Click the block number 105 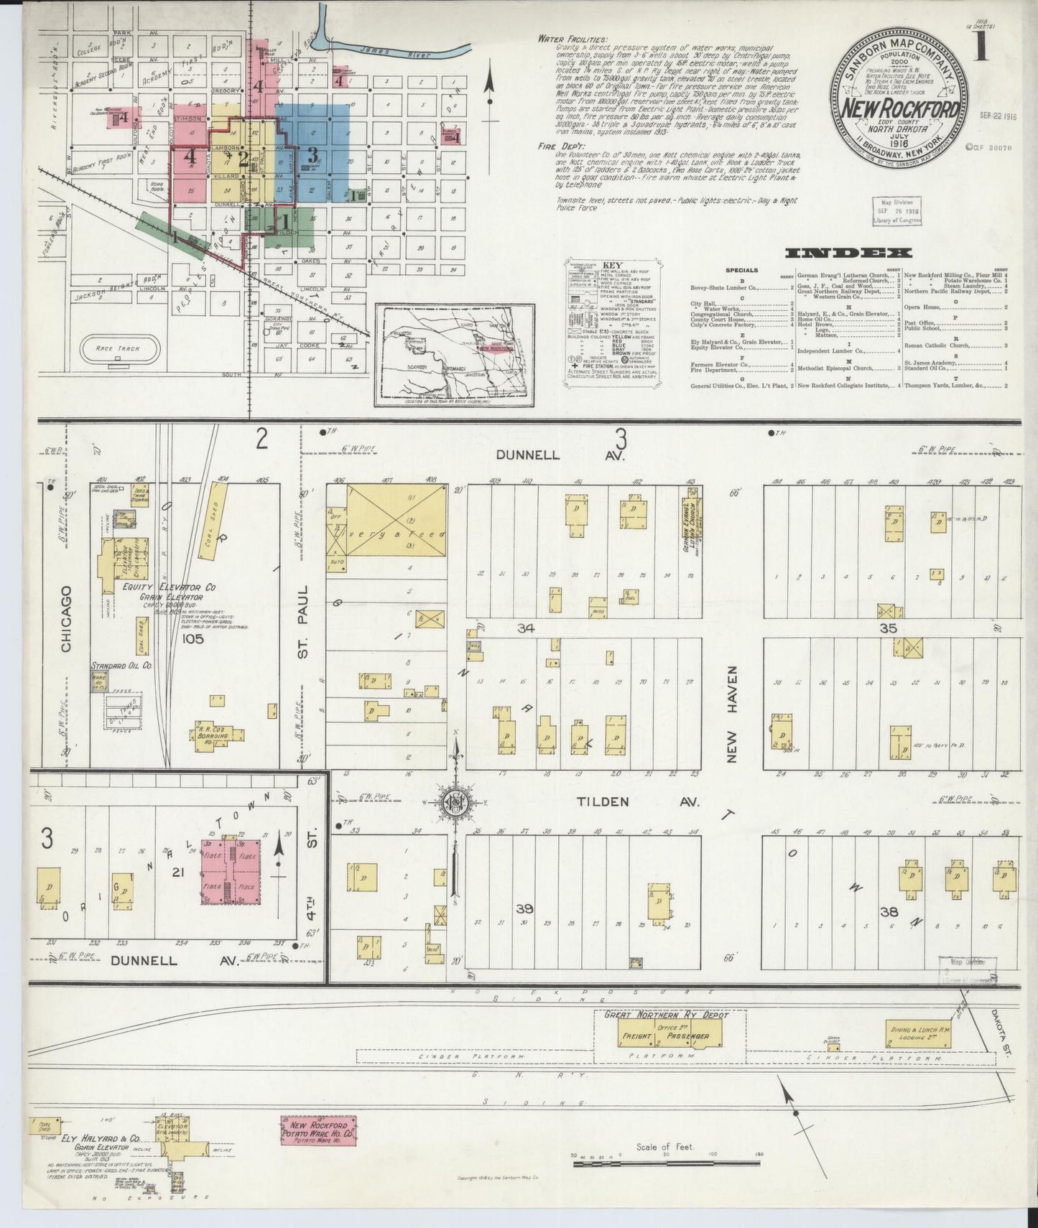[193, 638]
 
